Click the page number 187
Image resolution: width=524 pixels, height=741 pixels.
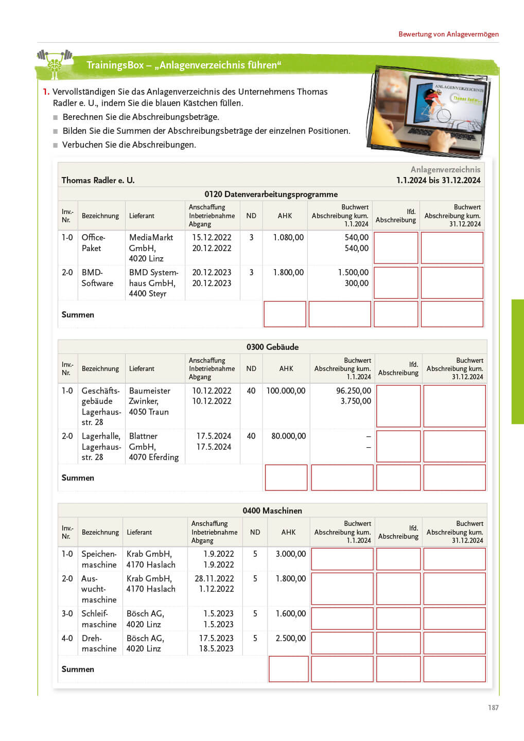pos(493,708)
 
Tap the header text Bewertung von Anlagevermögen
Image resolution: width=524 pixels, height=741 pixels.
pos(448,34)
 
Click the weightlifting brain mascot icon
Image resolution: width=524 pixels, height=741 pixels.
pos(54,64)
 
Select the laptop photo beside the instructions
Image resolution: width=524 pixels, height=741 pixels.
pos(429,111)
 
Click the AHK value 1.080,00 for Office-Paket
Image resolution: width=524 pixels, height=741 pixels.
pos(288,237)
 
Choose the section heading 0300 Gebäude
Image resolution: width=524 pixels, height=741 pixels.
pos(272,347)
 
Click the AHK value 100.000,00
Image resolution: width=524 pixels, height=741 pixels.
pos(286,391)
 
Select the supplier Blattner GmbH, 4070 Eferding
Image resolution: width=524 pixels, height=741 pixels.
pos(153,447)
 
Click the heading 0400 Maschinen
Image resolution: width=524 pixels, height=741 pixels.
pos(272,510)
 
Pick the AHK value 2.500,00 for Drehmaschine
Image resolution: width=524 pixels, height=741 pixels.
pos(290,638)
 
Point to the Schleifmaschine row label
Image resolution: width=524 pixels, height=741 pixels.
pos(99,619)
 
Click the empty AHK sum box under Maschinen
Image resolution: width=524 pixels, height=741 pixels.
pos(288,669)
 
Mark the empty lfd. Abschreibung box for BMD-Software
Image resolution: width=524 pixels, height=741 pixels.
pos(395,283)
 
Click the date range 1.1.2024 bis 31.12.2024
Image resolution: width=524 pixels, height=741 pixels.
pos(438,180)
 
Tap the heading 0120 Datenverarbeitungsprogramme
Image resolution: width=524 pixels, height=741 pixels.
pos(271,194)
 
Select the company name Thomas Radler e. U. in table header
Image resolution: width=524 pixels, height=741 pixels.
pos(98,180)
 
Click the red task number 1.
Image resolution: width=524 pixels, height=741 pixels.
pos(46,92)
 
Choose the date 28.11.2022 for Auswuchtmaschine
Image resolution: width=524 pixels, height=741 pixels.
pos(214,578)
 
